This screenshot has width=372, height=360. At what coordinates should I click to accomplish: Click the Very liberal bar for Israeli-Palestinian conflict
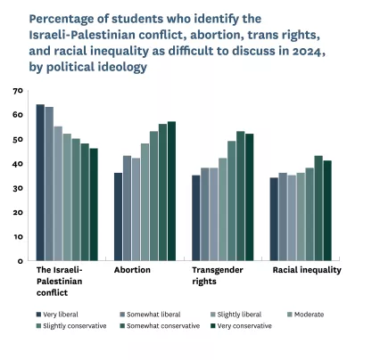tap(40, 183)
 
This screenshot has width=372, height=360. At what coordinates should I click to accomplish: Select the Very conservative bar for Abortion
tap(171, 191)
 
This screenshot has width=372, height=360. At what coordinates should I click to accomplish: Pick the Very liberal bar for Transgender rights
tap(196, 218)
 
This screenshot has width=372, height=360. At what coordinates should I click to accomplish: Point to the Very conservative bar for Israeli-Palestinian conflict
tap(94, 204)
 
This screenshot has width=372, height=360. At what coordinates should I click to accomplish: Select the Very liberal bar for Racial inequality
tap(274, 219)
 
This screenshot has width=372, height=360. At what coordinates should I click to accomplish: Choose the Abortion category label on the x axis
tap(131, 269)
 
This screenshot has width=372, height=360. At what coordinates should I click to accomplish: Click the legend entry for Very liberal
tap(63, 314)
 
